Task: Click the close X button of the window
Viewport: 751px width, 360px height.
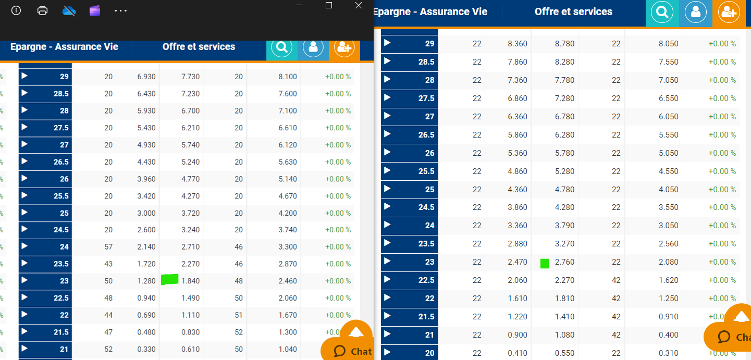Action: coord(358,5)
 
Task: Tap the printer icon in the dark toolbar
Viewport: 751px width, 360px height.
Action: coord(43,10)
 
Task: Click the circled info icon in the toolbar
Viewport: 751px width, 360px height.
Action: coord(16,10)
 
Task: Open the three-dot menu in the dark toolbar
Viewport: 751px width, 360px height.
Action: coord(120,10)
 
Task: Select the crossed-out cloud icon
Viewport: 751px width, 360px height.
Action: coord(69,10)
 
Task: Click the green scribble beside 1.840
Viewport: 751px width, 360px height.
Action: coord(170,280)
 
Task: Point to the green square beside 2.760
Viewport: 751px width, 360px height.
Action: coord(545,263)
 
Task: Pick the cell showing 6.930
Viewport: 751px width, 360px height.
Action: coord(146,77)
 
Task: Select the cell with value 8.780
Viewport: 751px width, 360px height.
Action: coord(565,44)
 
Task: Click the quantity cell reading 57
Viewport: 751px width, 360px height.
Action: coord(108,247)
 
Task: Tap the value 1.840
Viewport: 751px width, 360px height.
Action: coord(191,281)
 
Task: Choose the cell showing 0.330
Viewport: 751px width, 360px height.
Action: coord(146,349)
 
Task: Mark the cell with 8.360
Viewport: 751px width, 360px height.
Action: coord(518,44)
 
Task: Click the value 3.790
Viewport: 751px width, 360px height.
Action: coord(565,226)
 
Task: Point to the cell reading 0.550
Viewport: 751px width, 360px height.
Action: coord(565,353)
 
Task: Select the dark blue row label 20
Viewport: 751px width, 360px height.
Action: coord(409,353)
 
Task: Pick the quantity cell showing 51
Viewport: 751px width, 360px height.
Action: coord(239,315)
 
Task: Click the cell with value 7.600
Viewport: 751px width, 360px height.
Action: coord(288,94)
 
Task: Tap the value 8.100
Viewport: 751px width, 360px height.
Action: coord(288,77)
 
